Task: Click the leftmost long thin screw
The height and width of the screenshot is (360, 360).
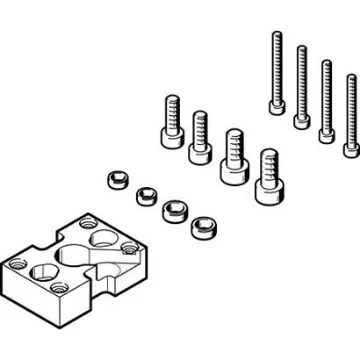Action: point(274,70)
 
